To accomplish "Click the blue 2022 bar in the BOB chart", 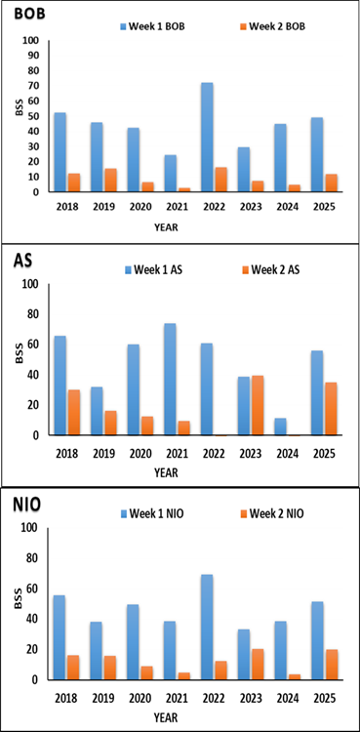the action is [207, 138].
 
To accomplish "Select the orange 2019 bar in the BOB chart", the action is [110, 181].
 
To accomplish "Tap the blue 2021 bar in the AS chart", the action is [170, 380].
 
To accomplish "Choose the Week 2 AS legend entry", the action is [271, 269].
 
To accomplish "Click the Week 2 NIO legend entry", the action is [273, 514].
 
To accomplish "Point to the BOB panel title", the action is [29, 15].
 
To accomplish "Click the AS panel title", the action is [22, 261].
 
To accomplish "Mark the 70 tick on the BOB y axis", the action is [35, 86].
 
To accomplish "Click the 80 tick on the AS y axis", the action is [35, 314].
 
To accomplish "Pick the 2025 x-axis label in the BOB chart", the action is [326, 207].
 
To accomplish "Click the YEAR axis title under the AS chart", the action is [167, 472].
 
